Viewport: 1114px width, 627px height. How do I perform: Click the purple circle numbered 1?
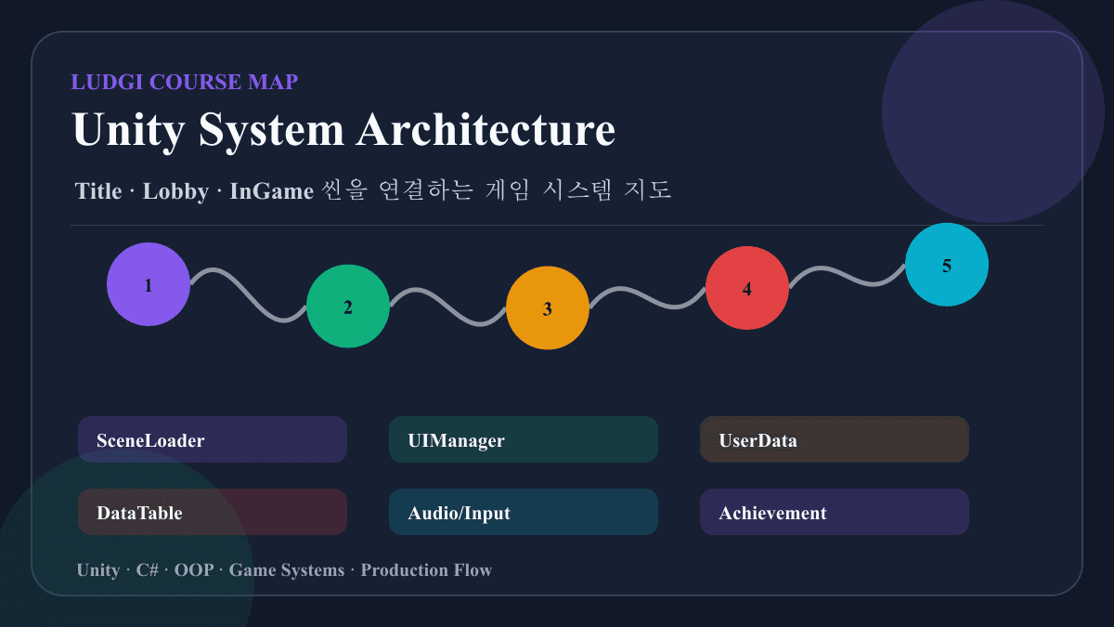coord(149,284)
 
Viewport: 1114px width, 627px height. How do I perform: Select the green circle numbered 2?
coord(348,306)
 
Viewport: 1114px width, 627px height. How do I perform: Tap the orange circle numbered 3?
coord(548,307)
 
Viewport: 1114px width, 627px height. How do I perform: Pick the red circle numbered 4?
coord(747,288)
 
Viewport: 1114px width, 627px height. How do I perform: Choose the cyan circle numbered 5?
coord(946,264)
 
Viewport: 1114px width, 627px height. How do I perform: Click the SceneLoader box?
coord(213,439)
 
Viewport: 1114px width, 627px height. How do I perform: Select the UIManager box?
coord(524,439)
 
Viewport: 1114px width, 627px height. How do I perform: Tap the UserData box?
coord(834,439)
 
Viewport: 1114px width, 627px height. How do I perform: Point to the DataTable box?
coord(213,512)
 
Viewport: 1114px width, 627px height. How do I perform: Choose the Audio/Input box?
coord(524,512)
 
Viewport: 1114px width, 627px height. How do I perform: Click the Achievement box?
coord(834,512)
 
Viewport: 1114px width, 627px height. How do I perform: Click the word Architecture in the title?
coord(486,129)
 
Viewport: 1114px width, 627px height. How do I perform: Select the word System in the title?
coord(271,131)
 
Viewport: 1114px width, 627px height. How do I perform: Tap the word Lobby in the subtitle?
coord(175,192)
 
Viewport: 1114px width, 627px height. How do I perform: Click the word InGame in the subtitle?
coord(271,191)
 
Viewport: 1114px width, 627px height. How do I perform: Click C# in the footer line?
coord(148,569)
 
